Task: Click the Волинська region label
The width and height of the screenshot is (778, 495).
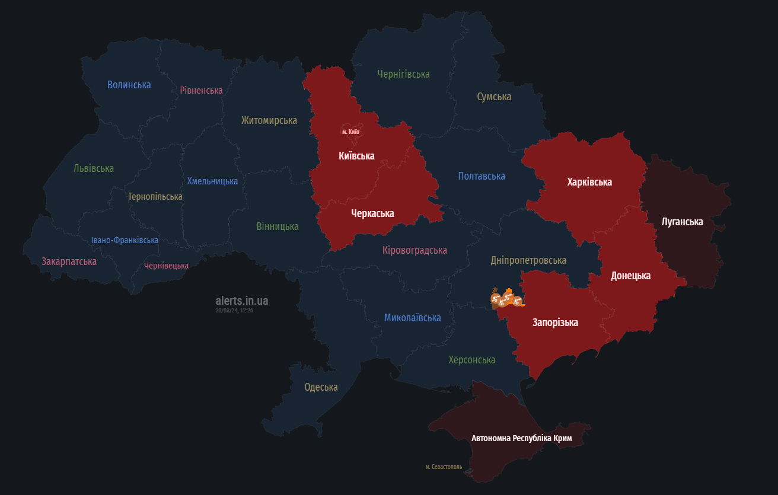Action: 129,85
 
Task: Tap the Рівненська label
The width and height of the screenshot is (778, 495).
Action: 201,90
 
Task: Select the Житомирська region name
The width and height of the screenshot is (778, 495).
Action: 269,120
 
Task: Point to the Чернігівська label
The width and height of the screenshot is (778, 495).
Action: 403,74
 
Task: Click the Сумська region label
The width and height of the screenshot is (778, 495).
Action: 494,97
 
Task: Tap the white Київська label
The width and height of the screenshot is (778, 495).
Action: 356,156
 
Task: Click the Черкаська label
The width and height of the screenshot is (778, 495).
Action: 372,213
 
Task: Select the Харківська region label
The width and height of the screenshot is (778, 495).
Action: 589,182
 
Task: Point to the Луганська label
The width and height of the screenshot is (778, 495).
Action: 682,222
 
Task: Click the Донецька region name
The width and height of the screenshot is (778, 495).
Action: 630,276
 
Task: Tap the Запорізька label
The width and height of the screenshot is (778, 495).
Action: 555,322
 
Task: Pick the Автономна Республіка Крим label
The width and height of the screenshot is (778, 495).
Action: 521,438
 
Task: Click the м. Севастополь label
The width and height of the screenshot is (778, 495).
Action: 444,467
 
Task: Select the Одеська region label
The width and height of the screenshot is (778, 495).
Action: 321,387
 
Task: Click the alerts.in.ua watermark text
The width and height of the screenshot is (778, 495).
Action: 241,301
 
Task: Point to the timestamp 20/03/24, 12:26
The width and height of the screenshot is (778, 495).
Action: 234,311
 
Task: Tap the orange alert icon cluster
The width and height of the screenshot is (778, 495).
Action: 506,299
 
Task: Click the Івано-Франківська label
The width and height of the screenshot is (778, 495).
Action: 125,240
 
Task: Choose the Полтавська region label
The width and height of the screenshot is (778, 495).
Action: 482,176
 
